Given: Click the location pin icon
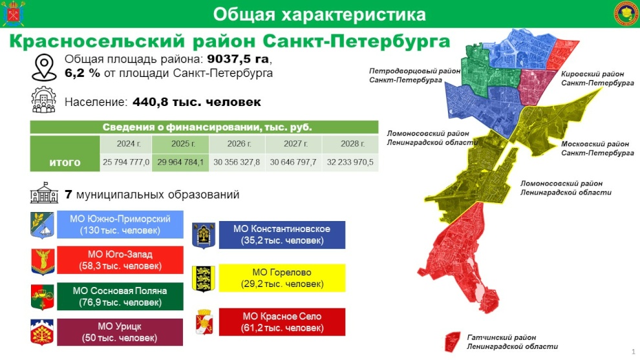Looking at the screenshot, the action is point(44,67).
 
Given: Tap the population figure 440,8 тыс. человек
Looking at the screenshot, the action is point(197,101).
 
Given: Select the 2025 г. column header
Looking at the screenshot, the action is point(180,143).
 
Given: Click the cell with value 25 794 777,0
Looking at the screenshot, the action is point(126,162).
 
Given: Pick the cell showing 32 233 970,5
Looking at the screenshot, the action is point(350,162).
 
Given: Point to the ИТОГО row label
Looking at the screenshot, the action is point(65,162).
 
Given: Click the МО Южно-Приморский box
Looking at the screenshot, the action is point(120,224).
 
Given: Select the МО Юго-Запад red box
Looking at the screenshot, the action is point(120,260).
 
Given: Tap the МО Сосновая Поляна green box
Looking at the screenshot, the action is point(120,296).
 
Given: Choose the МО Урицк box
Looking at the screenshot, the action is point(120,332).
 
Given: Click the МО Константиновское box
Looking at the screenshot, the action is point(282,235).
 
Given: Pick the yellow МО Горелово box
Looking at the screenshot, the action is point(282,278).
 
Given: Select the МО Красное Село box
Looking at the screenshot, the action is point(282,322).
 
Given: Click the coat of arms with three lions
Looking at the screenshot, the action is point(204,279).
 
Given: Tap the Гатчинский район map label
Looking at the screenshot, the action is point(512,342).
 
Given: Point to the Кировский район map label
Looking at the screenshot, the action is point(597,78).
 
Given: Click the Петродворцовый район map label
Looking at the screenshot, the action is point(414,75).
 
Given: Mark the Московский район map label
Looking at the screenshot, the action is point(597,148).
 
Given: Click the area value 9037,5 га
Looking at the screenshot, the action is point(238,59).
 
